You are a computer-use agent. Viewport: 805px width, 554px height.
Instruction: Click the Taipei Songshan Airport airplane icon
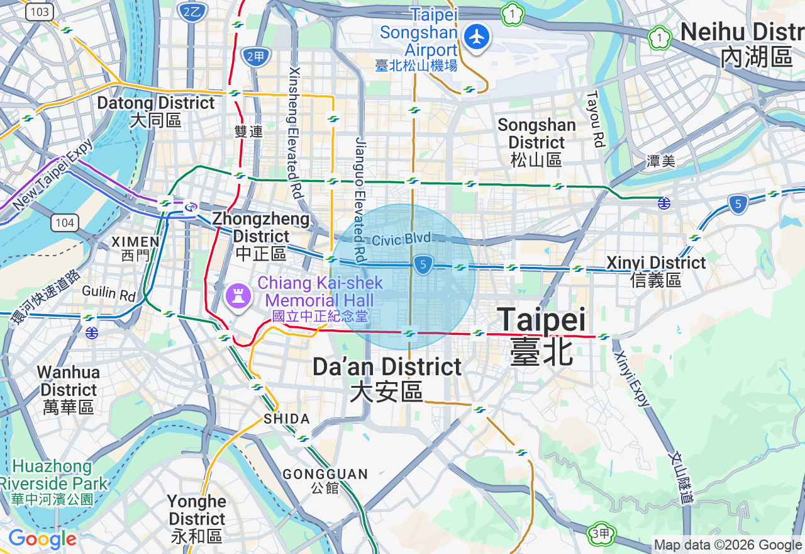pos(477,38)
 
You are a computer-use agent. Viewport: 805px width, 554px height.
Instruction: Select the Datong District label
pos(156,111)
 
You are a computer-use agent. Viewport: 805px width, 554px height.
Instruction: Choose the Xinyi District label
pos(656,271)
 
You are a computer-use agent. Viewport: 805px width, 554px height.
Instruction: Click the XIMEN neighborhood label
pos(135,248)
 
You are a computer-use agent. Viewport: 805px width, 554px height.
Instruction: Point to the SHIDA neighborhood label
pos(287,419)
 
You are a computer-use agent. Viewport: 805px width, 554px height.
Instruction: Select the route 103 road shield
pos(40,11)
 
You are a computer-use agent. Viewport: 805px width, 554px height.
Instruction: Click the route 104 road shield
pos(64,223)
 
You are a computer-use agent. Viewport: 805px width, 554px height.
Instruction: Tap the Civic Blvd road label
pos(401,239)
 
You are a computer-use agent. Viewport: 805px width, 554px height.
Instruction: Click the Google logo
pos(42,540)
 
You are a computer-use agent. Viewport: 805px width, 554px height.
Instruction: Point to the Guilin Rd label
pos(109,293)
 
